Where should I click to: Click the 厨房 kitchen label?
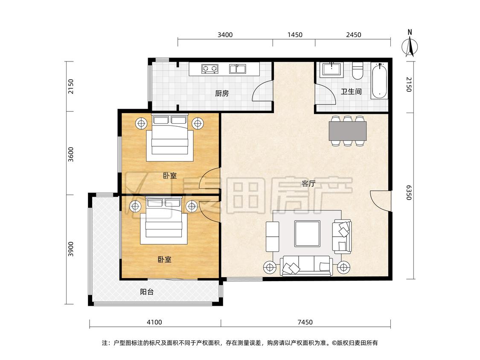(x=221, y=93)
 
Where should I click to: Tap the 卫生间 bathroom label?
(x=351, y=91)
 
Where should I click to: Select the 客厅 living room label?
(x=308, y=183)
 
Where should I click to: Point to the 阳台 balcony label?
(x=147, y=292)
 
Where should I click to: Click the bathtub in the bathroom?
(x=379, y=81)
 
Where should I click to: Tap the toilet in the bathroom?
(x=357, y=70)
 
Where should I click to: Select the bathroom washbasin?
(x=332, y=70)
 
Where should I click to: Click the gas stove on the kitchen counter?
(x=209, y=69)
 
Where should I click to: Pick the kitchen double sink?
(x=238, y=69)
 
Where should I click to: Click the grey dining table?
(x=347, y=131)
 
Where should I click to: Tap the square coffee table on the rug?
(x=307, y=234)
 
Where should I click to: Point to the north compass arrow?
(x=410, y=46)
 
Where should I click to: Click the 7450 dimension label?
(x=305, y=322)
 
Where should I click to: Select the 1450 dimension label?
(x=295, y=35)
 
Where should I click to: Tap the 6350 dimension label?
(x=409, y=192)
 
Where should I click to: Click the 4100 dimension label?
(x=154, y=322)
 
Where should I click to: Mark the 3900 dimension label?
(x=71, y=249)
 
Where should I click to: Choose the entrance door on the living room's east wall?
(x=381, y=200)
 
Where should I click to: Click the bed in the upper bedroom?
(x=169, y=137)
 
